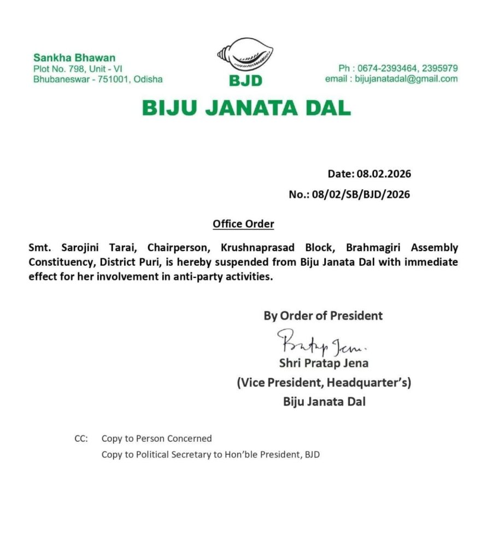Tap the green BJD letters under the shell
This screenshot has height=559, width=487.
pyautogui.click(x=245, y=81)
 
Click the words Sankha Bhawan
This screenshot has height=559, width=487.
pyautogui.click(x=74, y=58)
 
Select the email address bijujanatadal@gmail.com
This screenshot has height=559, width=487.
pyautogui.click(x=406, y=79)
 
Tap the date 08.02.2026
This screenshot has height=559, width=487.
pyautogui.click(x=384, y=174)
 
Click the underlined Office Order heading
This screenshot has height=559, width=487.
pyautogui.click(x=243, y=224)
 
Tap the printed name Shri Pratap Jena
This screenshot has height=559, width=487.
pyautogui.click(x=324, y=362)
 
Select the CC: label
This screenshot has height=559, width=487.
pyautogui.click(x=81, y=438)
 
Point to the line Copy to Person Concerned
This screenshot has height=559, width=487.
pyautogui.click(x=156, y=438)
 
